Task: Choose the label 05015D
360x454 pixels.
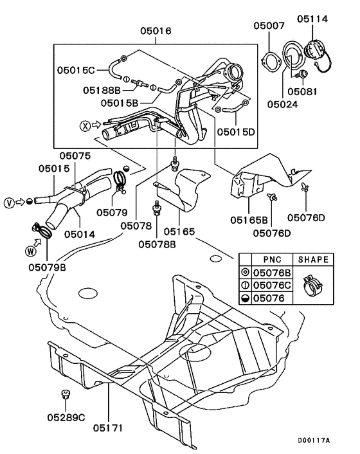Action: [x=237, y=131]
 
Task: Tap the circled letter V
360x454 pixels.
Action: [x=9, y=201]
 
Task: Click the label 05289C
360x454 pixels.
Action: [x=65, y=417]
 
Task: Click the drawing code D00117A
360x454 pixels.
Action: [x=313, y=440]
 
